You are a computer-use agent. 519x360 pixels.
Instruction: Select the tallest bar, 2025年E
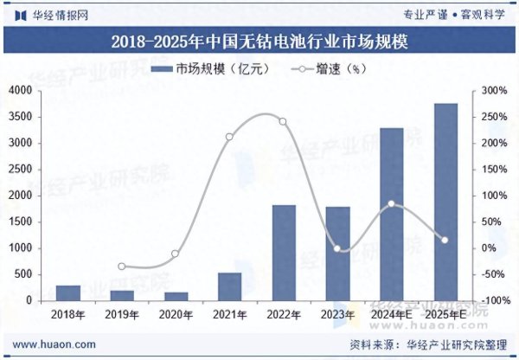(x=445, y=202)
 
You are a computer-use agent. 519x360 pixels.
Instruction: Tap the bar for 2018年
(x=68, y=292)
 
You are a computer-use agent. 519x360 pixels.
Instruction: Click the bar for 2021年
(x=229, y=286)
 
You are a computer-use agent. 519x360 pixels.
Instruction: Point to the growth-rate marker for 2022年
(x=283, y=121)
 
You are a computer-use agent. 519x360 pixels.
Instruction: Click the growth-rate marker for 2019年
(x=122, y=267)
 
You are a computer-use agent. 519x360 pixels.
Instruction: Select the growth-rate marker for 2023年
(x=337, y=249)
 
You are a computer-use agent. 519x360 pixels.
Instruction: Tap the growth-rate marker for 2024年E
(x=391, y=204)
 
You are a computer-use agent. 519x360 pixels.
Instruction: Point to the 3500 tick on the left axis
(x=21, y=117)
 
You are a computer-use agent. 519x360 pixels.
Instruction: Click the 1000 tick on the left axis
(x=21, y=248)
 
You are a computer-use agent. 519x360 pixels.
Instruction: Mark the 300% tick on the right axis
(x=492, y=91)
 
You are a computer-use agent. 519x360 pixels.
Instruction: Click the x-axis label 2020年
(x=176, y=313)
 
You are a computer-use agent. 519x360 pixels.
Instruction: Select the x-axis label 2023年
(x=337, y=313)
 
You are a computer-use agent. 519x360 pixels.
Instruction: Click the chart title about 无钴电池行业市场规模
(x=259, y=40)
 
